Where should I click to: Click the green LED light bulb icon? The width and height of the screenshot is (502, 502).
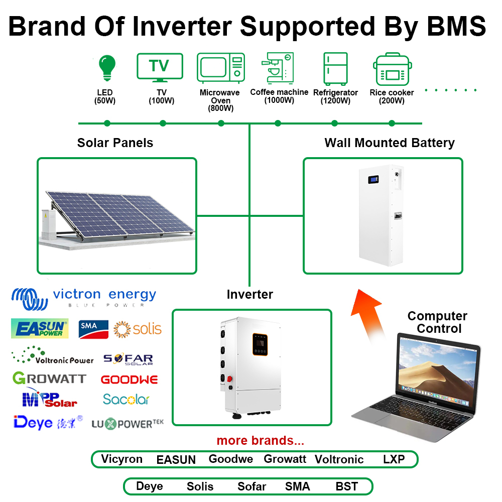click(x=106, y=68)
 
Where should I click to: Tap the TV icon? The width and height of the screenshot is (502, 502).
click(x=160, y=67)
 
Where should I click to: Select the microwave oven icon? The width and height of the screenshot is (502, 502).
click(x=220, y=68)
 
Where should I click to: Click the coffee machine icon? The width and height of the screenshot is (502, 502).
click(x=278, y=68)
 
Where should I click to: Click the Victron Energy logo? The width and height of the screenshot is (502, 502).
click(x=83, y=298)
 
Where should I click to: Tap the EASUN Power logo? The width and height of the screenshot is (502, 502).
click(x=40, y=329)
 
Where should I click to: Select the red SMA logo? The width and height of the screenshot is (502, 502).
click(x=94, y=329)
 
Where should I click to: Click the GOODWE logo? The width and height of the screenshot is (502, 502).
click(x=130, y=380)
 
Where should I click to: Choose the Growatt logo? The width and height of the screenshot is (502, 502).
click(x=49, y=378)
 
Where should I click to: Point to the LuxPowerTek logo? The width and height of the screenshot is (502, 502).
click(x=128, y=424)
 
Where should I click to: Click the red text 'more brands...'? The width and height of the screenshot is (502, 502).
click(x=260, y=441)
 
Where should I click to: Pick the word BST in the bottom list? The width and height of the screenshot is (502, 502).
click(x=346, y=486)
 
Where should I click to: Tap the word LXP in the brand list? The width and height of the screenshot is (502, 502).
click(x=394, y=459)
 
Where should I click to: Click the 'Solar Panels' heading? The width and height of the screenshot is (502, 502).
click(x=115, y=143)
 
